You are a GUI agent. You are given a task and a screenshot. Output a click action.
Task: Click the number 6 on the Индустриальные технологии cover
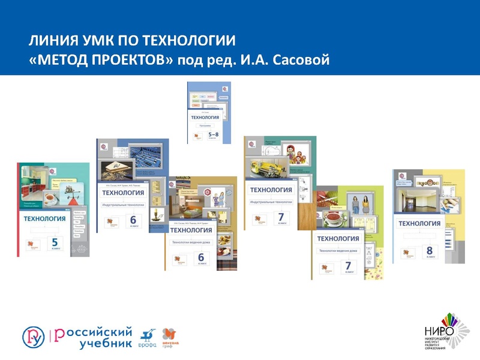pyautogui.click(x=142, y=220)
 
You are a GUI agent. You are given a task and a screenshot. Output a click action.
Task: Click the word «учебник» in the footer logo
pyautogui.click(x=105, y=343)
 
